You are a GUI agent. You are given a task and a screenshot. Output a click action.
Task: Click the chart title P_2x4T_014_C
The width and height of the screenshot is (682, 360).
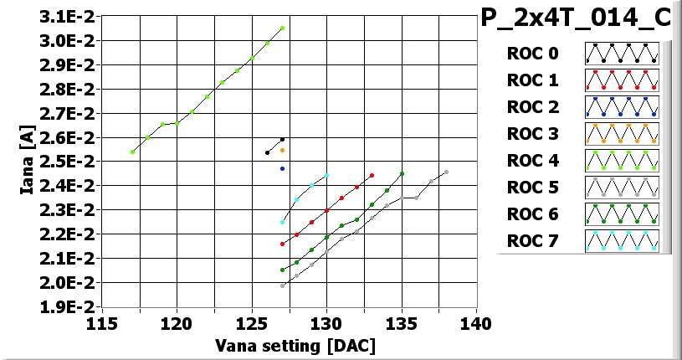tap(576, 19)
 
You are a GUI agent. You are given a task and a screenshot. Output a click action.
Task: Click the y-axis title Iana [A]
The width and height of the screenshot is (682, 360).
tap(27, 162)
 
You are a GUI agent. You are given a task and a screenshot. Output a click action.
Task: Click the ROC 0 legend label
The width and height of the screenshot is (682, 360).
tap(532, 54)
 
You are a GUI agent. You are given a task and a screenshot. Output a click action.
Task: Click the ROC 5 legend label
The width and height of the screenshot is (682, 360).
tap(532, 188)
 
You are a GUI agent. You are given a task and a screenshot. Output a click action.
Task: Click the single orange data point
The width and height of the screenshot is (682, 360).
tap(282, 151)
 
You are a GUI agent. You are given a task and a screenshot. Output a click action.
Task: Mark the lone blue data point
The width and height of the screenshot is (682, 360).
tap(282, 168)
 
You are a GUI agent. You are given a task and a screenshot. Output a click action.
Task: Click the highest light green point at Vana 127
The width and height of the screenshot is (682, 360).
tap(282, 28)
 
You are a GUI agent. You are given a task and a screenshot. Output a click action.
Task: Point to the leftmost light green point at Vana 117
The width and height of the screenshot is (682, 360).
tap(132, 152)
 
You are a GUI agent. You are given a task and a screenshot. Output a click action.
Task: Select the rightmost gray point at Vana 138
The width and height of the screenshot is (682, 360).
tap(446, 172)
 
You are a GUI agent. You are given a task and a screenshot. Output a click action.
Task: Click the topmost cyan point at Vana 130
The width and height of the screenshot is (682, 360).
tap(326, 176)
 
